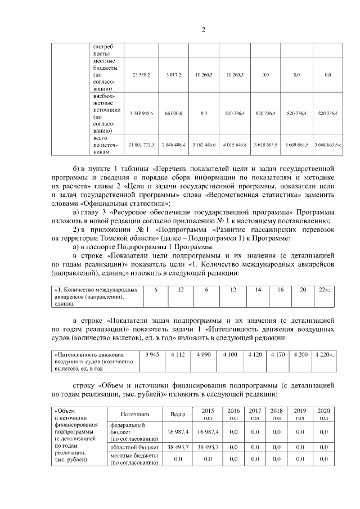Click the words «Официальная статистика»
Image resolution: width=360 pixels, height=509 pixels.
(125, 203)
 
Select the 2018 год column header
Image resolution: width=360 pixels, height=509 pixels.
(276, 414)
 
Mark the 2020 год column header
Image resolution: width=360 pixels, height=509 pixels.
(323, 414)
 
